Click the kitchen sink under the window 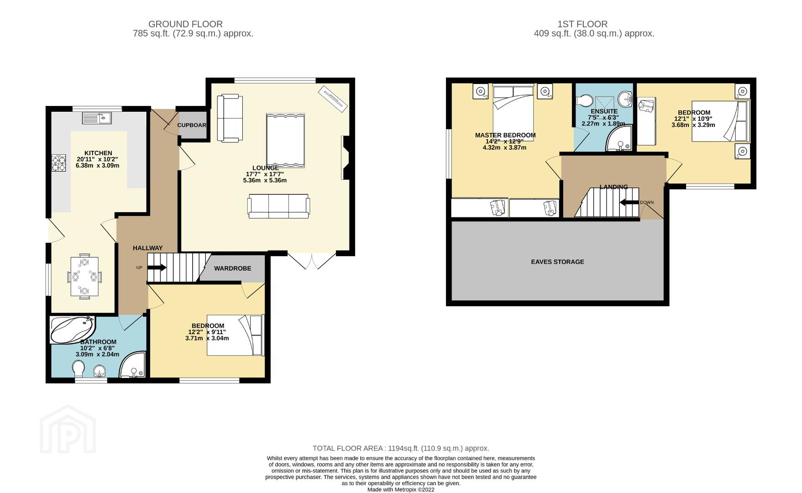point(97,118)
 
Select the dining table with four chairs point(84,277)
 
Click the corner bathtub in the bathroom point(73,330)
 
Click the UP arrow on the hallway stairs point(157,267)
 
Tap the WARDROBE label point(233,268)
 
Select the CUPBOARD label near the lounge point(192,125)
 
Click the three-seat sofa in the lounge point(278,206)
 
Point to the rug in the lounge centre point(285,141)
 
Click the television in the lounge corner point(333,98)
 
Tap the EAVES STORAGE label point(557,262)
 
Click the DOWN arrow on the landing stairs point(629,203)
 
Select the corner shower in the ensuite point(619,138)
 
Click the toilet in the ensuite point(584,100)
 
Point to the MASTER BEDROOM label point(505,135)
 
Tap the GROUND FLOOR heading point(186,24)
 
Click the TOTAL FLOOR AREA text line point(401,448)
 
